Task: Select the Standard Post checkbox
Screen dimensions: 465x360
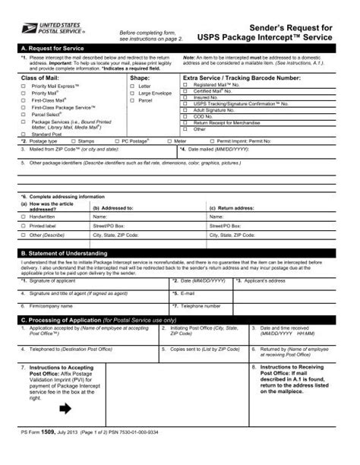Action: [x=23, y=134]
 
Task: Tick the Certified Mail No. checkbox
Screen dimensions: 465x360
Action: [x=186, y=91]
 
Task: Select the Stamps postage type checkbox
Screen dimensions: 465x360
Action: [x=71, y=141]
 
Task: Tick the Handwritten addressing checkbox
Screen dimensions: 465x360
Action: [x=23, y=217]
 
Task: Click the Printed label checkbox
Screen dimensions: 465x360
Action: [x=23, y=226]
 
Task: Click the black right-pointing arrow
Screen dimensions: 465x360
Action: [x=64, y=409]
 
